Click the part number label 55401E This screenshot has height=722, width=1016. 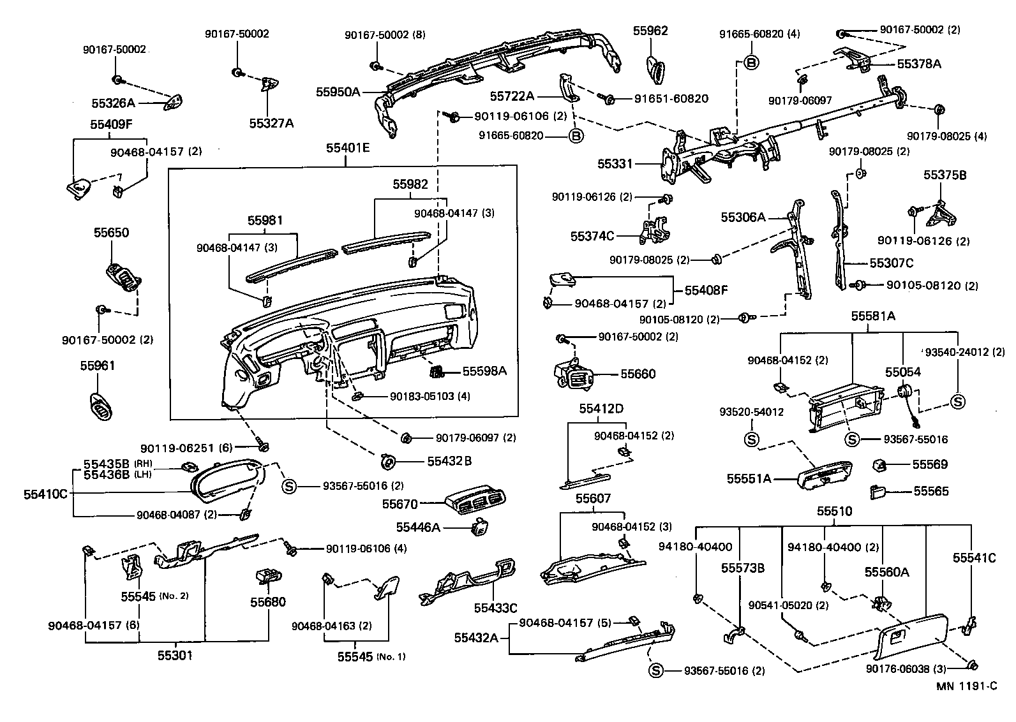pos(347,148)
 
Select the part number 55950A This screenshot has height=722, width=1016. pos(338,92)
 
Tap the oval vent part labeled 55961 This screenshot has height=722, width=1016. pos(101,406)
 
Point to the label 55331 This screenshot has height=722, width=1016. pos(615,164)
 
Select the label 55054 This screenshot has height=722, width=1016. pos(902,371)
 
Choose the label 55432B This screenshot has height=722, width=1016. pos(449,460)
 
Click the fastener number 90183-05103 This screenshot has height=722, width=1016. pos(421,396)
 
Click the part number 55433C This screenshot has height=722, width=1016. pos(495,608)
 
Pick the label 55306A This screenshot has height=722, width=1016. pos(743,217)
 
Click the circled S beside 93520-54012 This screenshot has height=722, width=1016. pos(751,439)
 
